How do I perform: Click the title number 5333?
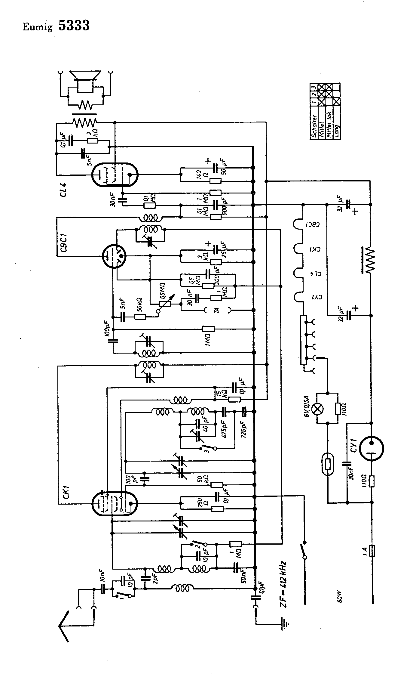74,26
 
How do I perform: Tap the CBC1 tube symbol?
114,256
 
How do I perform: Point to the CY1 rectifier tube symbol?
372,449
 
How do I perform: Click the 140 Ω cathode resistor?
216,181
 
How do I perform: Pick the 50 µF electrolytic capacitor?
216,168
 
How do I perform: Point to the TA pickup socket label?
216,310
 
